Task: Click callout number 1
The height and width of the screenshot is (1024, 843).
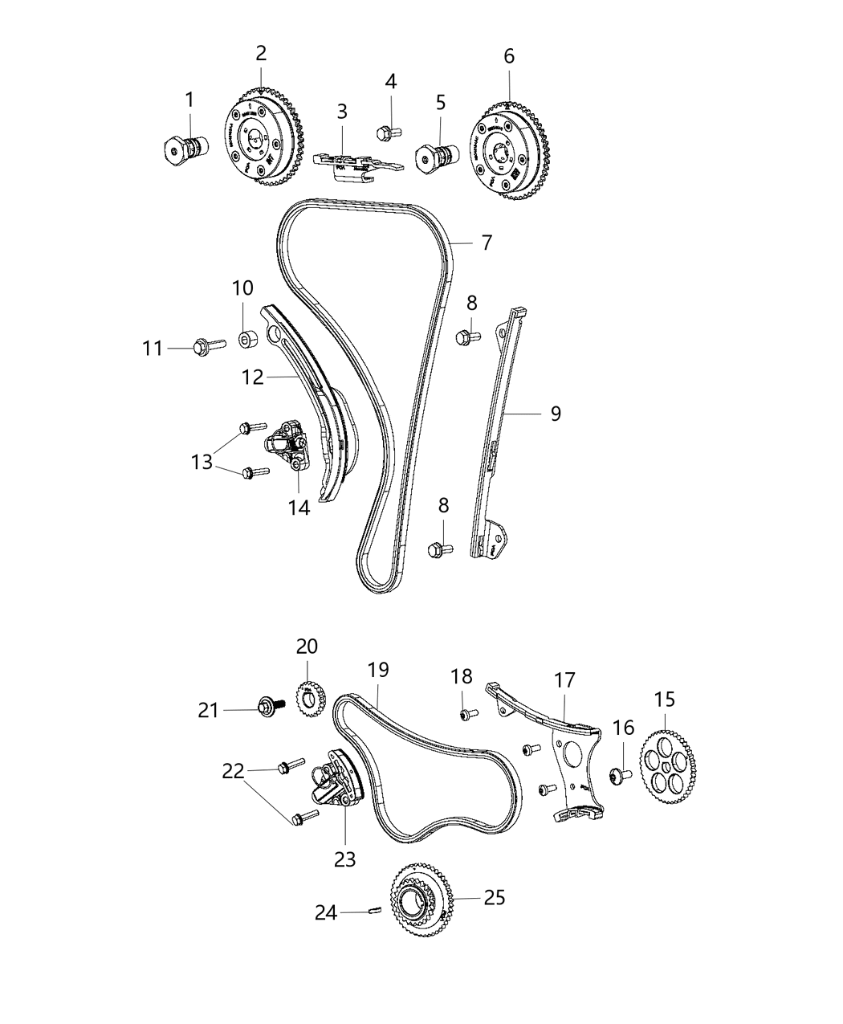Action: pos(189,100)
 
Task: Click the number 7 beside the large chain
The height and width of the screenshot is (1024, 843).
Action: pos(487,243)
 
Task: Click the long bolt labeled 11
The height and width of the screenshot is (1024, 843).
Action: pos(204,347)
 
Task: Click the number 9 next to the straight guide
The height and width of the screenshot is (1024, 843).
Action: pos(556,414)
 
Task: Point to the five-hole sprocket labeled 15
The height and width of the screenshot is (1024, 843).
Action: pos(669,758)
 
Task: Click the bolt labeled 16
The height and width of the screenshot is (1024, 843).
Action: pos(619,776)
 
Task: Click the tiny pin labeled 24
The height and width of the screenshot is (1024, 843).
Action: pos(373,910)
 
